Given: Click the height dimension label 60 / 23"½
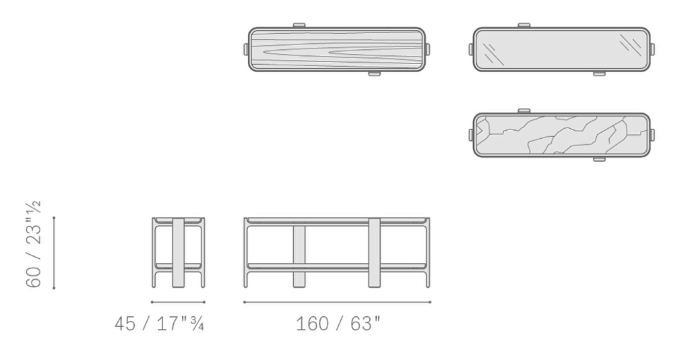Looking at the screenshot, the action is point(33,244).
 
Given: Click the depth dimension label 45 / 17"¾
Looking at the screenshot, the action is point(160,324).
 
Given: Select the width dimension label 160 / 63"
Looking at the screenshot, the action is point(338,324).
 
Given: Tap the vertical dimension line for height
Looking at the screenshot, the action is point(54,253).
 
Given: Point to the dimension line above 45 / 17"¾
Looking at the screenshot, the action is point(178,302).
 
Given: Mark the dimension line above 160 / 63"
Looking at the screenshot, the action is point(337,302).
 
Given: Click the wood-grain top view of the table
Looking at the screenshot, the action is point(337,49).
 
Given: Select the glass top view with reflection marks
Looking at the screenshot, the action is point(561,49).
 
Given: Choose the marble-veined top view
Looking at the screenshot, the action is point(561,135).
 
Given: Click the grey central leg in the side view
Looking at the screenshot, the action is point(179,252).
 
